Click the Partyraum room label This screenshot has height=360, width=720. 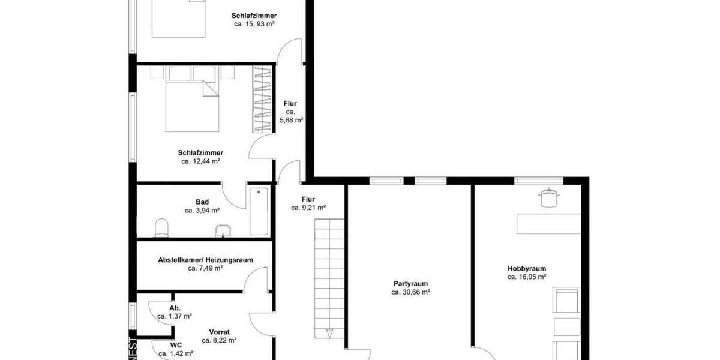(x=410, y=284)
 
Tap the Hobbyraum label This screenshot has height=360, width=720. (x=526, y=269)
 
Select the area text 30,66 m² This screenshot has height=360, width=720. (x=410, y=293)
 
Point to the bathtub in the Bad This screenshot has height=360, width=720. (x=259, y=211)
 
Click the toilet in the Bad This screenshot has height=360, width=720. (x=162, y=227)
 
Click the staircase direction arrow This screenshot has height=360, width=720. (x=329, y=333)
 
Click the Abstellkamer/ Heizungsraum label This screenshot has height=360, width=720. (x=205, y=260)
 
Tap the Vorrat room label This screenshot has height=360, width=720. (x=219, y=332)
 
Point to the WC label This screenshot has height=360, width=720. (x=176, y=346)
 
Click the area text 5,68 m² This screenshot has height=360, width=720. (x=292, y=120)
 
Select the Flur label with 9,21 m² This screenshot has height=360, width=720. (x=308, y=199)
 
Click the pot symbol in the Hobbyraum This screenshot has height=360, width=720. (x=548, y=197)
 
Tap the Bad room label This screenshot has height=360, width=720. (x=202, y=202)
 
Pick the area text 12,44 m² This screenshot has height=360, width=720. (x=201, y=161)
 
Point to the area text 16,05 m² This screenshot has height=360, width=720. (x=526, y=277)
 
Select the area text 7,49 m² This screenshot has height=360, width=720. (x=205, y=269)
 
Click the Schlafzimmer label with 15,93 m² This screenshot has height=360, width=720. (x=254, y=16)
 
